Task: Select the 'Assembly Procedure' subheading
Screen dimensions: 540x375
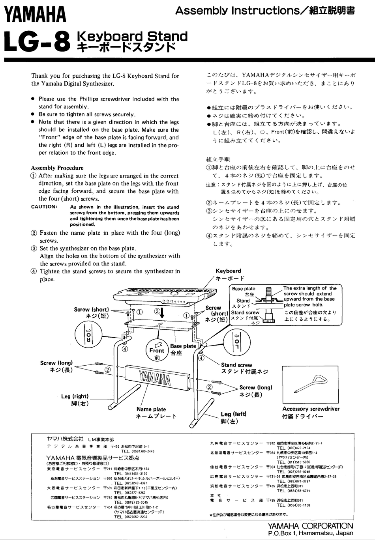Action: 57,168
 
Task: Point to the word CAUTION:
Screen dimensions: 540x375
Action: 44,207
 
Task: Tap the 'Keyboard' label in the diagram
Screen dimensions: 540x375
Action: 228,271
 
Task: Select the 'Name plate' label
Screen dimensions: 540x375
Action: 151,409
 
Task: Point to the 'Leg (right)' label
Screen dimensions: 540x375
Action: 75,396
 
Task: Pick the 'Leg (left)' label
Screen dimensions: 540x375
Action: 233,414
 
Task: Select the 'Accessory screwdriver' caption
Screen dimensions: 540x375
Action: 311,409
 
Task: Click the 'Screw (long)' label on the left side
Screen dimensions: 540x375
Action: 56,363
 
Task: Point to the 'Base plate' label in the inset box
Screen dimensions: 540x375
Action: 244,289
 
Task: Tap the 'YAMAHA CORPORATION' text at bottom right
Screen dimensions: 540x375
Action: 310,526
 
